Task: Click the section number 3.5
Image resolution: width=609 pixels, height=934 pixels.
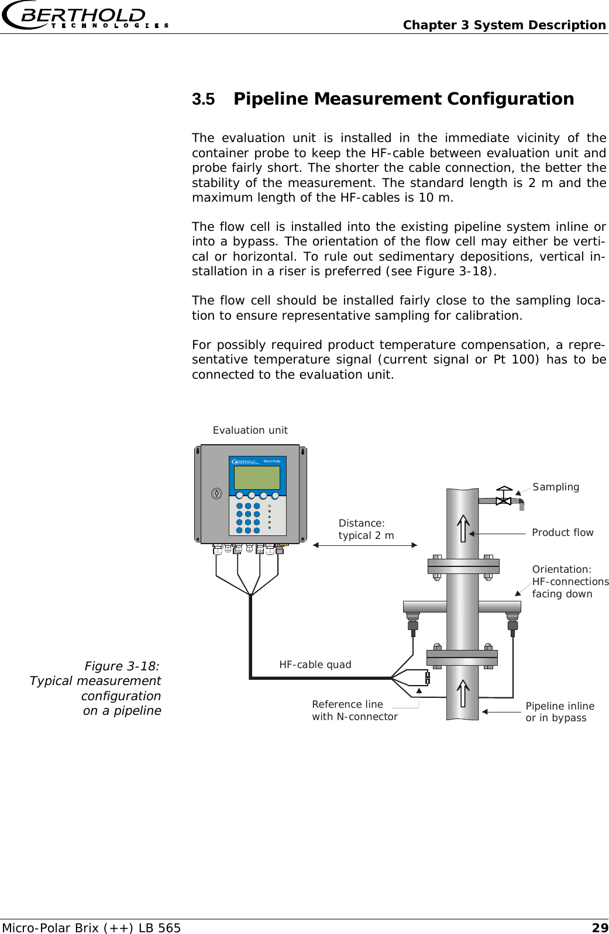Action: pyautogui.click(x=204, y=99)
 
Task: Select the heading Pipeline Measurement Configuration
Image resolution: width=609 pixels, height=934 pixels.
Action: pyautogui.click(x=404, y=99)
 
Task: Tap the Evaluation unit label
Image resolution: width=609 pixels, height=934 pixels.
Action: pyautogui.click(x=250, y=431)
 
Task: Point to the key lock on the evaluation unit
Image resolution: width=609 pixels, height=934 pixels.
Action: pyautogui.click(x=217, y=493)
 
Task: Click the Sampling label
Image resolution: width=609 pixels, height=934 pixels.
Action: pyautogui.click(x=556, y=487)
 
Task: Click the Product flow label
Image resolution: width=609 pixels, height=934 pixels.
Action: pyautogui.click(x=562, y=532)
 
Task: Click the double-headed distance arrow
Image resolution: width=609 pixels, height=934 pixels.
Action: pyautogui.click(x=364, y=545)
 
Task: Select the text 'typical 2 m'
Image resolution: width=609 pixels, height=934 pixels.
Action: pyautogui.click(x=366, y=535)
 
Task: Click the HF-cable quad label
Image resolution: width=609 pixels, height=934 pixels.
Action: pyautogui.click(x=315, y=665)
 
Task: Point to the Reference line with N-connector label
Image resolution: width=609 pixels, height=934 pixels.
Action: pyautogui.click(x=355, y=711)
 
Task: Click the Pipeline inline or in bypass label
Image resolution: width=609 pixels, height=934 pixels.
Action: pyautogui.click(x=559, y=712)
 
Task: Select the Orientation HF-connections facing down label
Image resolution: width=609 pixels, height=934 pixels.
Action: pyautogui.click(x=570, y=582)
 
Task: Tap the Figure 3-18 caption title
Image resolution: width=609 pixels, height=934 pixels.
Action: pyautogui.click(x=122, y=666)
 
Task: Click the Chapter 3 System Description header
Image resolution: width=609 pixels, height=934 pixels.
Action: pyautogui.click(x=504, y=25)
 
